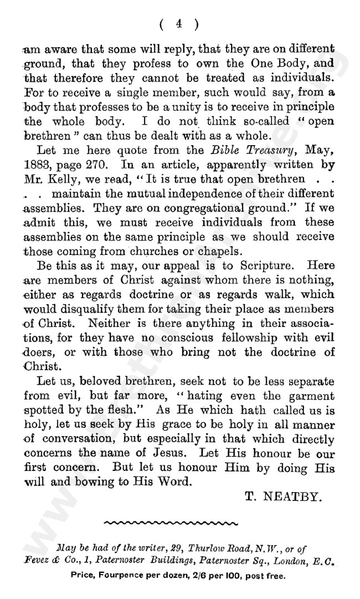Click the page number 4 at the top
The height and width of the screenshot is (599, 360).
click(x=179, y=23)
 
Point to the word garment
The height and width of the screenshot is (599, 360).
click(x=306, y=396)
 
